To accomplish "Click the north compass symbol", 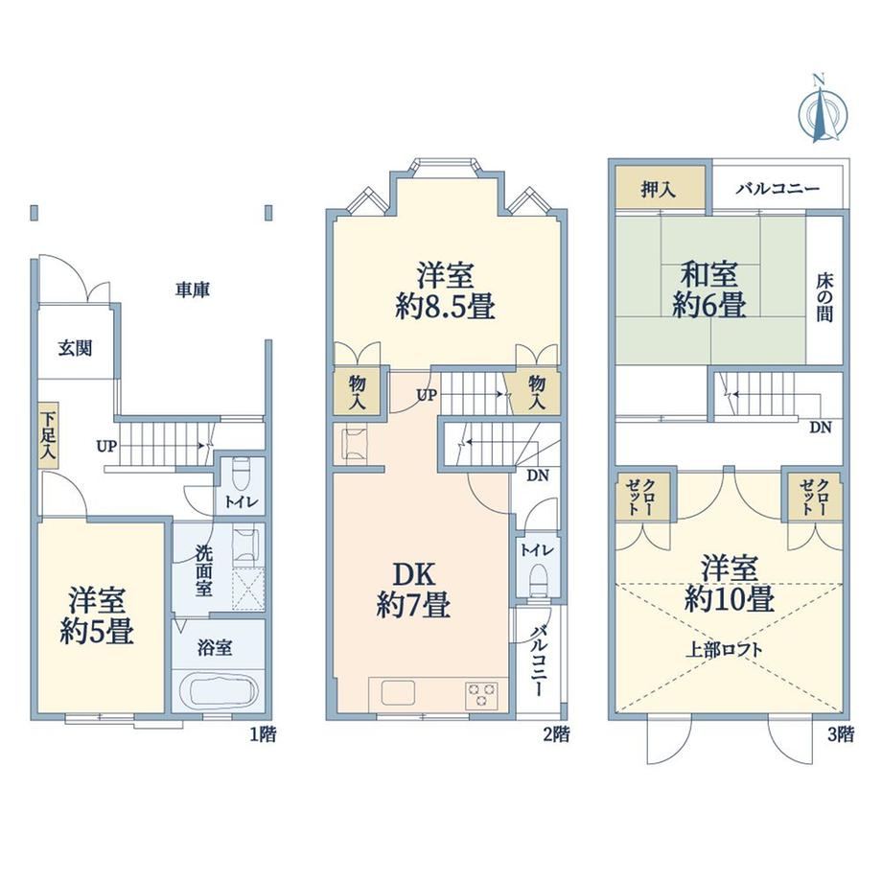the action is pos(822,110).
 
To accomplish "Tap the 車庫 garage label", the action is pos(193,290).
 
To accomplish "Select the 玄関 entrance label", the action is pos(75,349).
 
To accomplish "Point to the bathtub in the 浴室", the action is pos(217,693).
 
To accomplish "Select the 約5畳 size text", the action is pos(97,632).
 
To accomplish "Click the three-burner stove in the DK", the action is pos(481,694).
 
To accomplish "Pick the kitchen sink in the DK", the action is pos(398,692).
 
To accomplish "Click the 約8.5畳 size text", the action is pos(445,308).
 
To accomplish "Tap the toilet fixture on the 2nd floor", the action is pos(539,579).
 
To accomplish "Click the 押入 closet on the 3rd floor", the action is pos(660,190).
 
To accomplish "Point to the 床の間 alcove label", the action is pos(824,299).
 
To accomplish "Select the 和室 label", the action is pos(709,275).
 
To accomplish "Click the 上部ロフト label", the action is pos(724,650).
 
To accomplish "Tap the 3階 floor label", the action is pos(840,733).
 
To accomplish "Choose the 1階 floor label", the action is pos(263,733).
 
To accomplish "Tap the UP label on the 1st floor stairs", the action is pos(106,447).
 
